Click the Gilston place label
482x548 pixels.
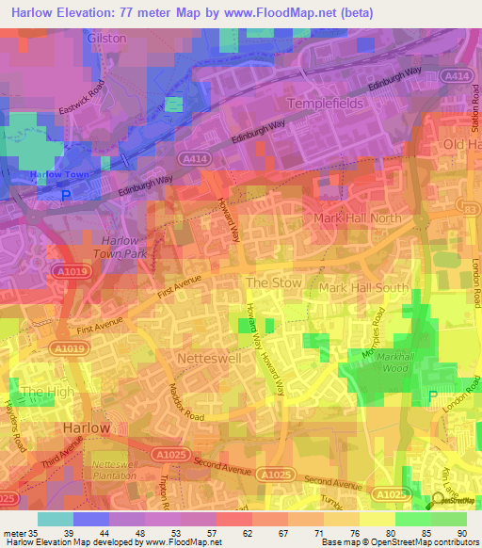(105, 41)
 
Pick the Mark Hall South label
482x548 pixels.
(362, 287)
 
